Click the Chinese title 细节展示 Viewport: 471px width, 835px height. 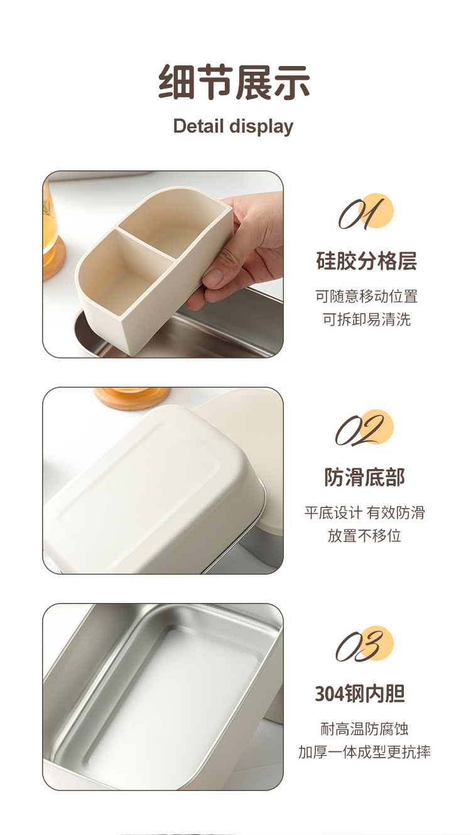pyautogui.click(x=234, y=82)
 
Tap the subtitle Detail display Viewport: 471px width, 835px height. pyautogui.click(x=233, y=126)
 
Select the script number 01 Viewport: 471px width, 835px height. pyautogui.click(x=362, y=214)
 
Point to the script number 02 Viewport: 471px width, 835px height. pyautogui.click(x=362, y=431)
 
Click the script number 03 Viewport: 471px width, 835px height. pyautogui.click(x=362, y=646)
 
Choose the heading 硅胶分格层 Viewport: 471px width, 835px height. pyautogui.click(x=366, y=261)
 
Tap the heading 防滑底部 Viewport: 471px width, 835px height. pyautogui.click(x=365, y=477)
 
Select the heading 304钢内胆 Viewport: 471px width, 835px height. pyautogui.click(x=360, y=694)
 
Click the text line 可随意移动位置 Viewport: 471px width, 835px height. pyautogui.click(x=366, y=296)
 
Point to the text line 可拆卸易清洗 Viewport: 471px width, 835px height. pyautogui.click(x=366, y=319)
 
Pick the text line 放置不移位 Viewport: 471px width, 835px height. pyautogui.click(x=364, y=536)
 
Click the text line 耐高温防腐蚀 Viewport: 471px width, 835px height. pyautogui.click(x=364, y=729)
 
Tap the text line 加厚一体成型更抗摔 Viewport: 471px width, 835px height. pyautogui.click(x=364, y=752)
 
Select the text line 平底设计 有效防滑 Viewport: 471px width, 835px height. pyautogui.click(x=364, y=512)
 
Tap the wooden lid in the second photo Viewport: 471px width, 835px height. pyautogui.click(x=132, y=396)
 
